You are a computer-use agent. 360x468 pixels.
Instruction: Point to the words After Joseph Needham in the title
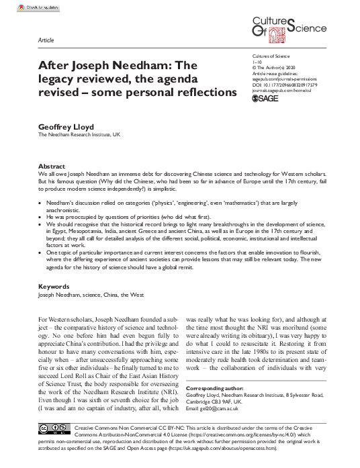tap(101, 66)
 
